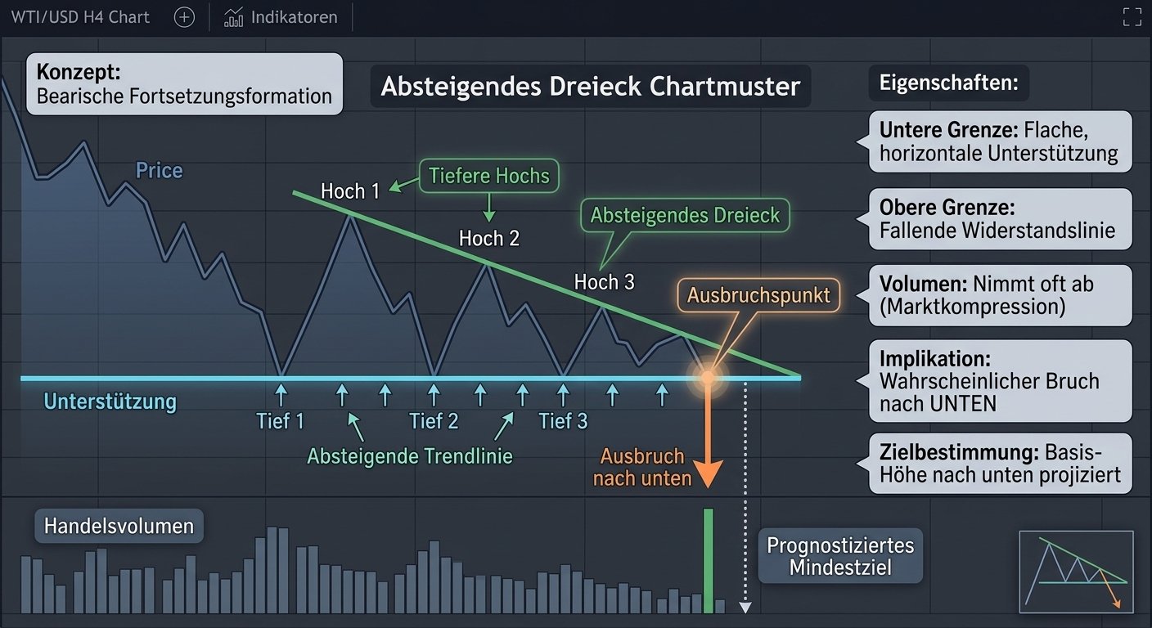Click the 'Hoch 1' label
coord(349,191)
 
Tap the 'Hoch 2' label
coord(489,239)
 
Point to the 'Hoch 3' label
coord(605,282)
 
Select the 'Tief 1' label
coord(281,421)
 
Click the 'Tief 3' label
coord(563,421)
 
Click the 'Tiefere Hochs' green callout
coord(489,176)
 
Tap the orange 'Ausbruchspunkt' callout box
coord(758,295)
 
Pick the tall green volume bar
coord(709,561)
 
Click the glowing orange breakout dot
coord(708,378)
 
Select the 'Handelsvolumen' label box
coord(119,526)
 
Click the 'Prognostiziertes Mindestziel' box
coord(840,556)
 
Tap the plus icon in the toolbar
coord(184,17)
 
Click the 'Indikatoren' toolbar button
coord(281,17)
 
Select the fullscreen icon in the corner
coord(1132,17)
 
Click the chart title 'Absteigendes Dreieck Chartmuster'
coord(591,87)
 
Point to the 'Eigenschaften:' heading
coord(949,83)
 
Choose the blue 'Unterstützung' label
coord(110,401)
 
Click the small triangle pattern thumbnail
coord(1077,572)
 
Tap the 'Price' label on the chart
coord(159,171)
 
